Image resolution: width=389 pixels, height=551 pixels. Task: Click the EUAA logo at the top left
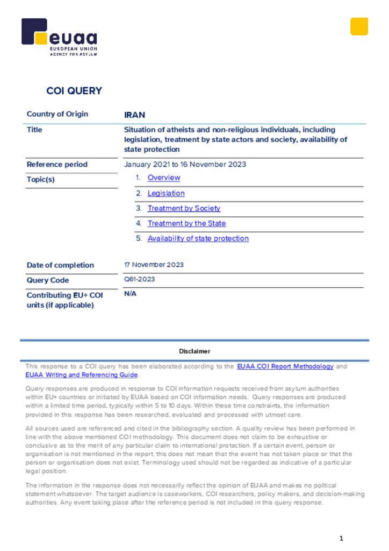59,37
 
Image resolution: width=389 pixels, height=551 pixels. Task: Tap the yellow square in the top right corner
359,26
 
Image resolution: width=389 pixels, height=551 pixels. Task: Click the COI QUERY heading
74,91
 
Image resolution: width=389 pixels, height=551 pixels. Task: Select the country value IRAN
134,115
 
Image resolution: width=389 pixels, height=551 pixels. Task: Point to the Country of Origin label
57,114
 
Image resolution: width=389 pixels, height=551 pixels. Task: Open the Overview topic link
164,178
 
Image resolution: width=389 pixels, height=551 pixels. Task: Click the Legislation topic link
166,193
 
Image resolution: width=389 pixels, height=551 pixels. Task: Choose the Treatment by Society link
184,208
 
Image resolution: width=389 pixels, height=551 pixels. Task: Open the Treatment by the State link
186,223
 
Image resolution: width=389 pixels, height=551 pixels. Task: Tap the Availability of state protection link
198,238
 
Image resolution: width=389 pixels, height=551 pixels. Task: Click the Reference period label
57,165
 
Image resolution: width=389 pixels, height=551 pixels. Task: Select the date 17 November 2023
154,265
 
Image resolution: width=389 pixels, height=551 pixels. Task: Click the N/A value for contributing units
129,294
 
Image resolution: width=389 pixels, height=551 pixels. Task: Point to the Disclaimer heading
195,351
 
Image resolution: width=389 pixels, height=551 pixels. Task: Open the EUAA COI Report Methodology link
285,366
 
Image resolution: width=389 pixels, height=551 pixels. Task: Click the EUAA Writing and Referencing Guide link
82,375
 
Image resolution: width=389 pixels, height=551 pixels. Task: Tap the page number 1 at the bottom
341,539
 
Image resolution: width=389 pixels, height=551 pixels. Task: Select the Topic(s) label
41,180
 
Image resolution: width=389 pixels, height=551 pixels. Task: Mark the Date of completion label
60,265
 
